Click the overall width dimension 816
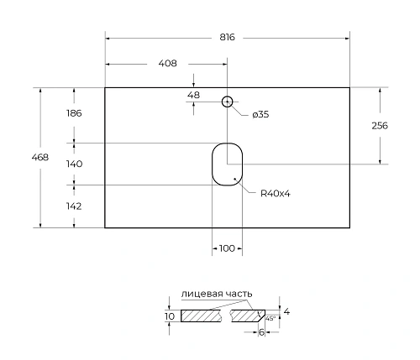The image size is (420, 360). pos(226,38)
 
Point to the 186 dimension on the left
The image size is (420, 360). pos(75,112)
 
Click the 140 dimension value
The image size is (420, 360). pos(74,164)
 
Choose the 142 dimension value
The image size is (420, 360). pos(74,205)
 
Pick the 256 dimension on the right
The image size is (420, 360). pos(380,125)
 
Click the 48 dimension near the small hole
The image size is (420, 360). pos(193,95)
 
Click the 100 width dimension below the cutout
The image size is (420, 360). pos(226,248)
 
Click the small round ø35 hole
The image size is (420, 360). pos(226,102)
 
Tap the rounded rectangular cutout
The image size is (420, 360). pos(226,163)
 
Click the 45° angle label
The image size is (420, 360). pos(270,318)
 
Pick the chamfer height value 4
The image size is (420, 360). pos(286,311)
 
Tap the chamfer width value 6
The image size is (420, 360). pos(262,332)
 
